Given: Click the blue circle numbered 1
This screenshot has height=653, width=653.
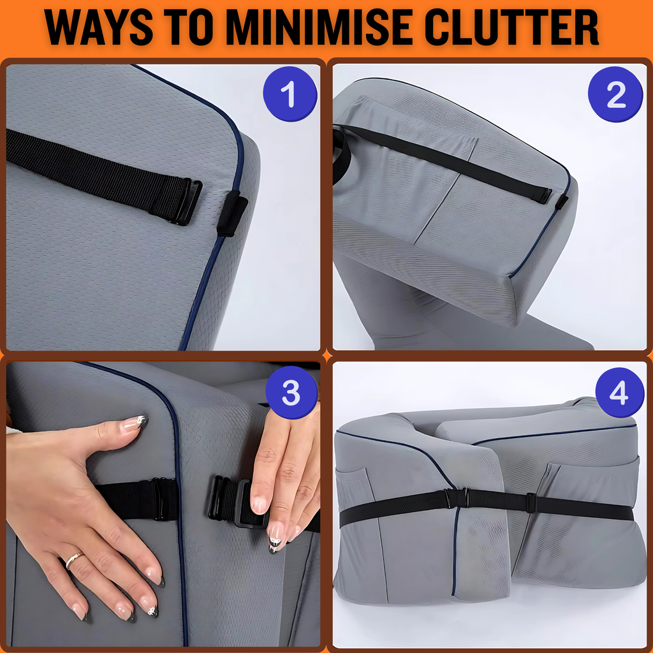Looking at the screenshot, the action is (290, 94).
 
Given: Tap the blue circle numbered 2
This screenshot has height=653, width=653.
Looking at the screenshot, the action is (615, 94).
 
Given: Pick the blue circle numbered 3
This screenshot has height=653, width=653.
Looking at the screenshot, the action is (291, 392).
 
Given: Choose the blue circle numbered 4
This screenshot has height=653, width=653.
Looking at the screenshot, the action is (620, 392).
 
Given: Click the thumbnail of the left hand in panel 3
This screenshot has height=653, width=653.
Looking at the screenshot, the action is (136, 422).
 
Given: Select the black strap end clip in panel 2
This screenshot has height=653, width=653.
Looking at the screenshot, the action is (542, 195).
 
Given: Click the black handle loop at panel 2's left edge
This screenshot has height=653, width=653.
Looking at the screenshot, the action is (339, 156).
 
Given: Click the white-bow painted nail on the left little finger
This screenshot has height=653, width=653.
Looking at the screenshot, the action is (150, 610).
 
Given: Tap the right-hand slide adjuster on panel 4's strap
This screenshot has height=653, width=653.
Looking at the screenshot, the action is (531, 503).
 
